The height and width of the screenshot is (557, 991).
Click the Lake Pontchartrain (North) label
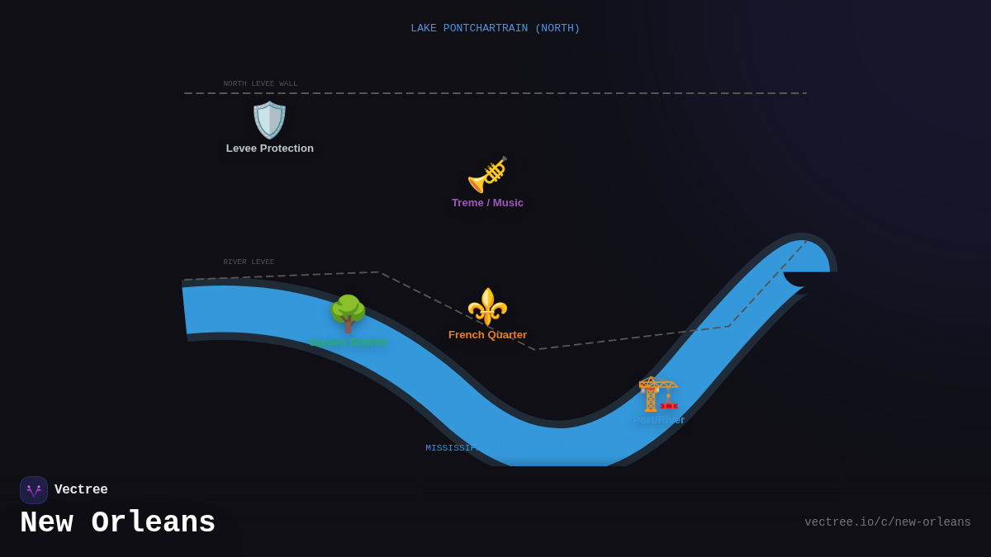click(x=495, y=29)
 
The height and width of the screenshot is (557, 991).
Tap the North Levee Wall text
click(x=260, y=83)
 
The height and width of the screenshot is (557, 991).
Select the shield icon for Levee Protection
click(x=269, y=120)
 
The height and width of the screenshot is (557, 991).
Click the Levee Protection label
click(x=270, y=149)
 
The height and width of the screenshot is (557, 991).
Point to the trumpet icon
click(x=487, y=175)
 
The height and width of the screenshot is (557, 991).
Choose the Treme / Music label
click(x=487, y=203)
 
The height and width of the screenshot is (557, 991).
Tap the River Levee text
click(x=249, y=262)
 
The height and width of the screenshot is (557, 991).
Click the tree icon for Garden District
click(x=348, y=314)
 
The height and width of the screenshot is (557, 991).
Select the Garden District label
click(x=348, y=342)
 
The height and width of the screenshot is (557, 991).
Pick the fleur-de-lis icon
click(x=487, y=307)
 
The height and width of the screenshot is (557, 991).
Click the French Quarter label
click(x=487, y=335)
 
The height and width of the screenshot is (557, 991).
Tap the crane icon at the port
click(x=658, y=394)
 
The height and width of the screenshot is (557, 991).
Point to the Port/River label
click(x=658, y=420)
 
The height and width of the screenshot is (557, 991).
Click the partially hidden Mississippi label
click(x=451, y=448)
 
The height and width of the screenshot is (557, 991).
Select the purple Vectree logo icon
click(x=34, y=490)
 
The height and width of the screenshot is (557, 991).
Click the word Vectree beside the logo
click(x=81, y=490)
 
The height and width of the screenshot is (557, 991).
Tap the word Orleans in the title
click(x=153, y=523)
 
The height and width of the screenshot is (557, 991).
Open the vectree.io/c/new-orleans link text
click(x=887, y=522)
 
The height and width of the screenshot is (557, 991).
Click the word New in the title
click(x=46, y=523)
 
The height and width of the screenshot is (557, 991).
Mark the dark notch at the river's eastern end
click(x=808, y=280)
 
